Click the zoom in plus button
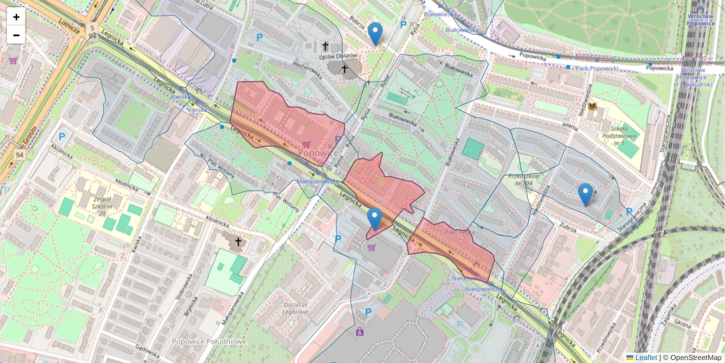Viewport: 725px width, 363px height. pyautogui.click(x=16, y=17)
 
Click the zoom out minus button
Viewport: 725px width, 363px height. pyautogui.click(x=16, y=35)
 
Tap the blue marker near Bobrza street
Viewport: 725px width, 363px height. pyautogui.click(x=375, y=34)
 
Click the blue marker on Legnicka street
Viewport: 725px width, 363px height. pyautogui.click(x=375, y=218)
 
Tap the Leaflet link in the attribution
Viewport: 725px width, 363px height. pyautogui.click(x=646, y=358)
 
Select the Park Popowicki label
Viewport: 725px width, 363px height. pyautogui.click(x=596, y=68)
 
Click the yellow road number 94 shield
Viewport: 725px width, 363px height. pyautogui.click(x=19, y=155)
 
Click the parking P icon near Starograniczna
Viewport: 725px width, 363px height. pyautogui.click(x=629, y=212)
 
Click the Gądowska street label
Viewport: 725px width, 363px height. pyautogui.click(x=147, y=351)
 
